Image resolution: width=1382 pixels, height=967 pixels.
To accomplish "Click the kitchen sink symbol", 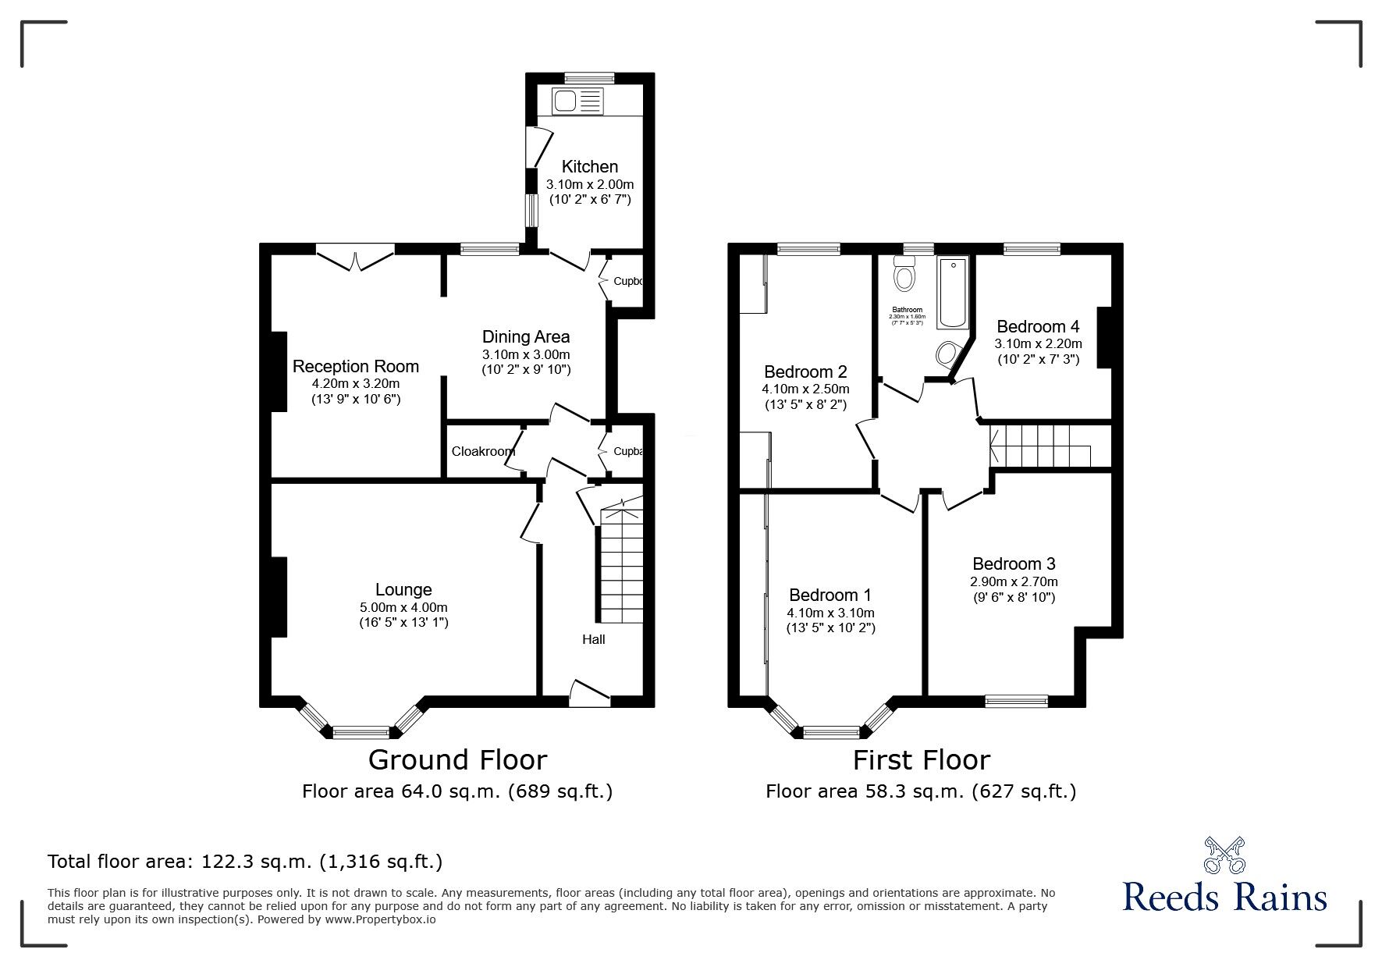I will point(577,101).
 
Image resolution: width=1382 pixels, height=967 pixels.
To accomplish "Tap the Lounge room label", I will point(403,590).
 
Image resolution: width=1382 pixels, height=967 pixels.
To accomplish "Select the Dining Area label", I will point(525,337).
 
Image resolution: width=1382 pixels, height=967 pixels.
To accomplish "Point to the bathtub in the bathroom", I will point(953,293).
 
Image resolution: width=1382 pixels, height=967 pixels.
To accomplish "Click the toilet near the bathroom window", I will point(905,274).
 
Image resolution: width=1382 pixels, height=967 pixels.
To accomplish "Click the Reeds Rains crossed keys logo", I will point(1224,855).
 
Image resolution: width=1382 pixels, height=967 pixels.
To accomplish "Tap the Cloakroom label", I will point(482,451).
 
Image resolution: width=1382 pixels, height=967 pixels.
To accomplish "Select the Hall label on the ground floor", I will point(593,639).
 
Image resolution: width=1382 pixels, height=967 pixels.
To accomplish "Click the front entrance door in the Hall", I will point(589,694).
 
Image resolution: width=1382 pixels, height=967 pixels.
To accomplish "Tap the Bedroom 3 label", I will point(1014,563).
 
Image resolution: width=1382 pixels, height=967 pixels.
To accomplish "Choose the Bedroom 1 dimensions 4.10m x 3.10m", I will point(830,613).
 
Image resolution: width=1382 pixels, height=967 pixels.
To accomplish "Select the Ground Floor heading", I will point(457,759).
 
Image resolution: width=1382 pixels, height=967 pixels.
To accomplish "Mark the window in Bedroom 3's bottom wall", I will point(1016,701).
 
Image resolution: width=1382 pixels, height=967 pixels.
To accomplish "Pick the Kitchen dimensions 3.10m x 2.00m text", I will point(589,185).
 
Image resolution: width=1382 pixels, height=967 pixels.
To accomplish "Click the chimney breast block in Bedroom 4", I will point(1103,337).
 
